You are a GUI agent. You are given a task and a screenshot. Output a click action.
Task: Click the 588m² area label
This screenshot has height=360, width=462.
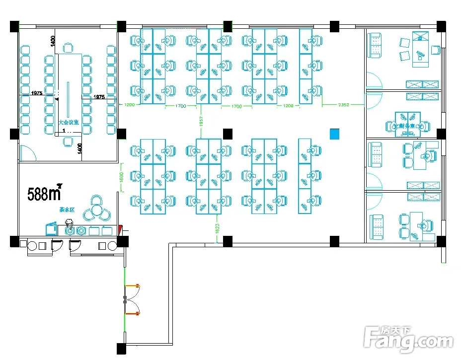click(44, 193)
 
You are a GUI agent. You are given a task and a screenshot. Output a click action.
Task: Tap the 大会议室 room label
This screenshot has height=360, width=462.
click(69, 122)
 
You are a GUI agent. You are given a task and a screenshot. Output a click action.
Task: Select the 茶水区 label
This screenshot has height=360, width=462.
click(67, 210)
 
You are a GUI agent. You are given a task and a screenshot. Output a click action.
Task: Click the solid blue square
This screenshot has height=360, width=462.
click(335, 134)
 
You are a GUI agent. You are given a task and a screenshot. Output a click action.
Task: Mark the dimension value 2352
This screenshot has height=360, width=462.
click(343, 105)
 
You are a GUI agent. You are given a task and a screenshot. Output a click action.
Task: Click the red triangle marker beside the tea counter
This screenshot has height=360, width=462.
click(120, 229)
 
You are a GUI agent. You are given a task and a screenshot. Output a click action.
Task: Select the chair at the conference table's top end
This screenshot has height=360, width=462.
click(68, 48)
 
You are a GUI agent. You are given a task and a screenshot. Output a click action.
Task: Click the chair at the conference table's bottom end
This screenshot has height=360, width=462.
click(68, 142)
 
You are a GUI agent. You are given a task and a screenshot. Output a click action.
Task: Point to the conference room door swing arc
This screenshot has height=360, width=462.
click(30, 152)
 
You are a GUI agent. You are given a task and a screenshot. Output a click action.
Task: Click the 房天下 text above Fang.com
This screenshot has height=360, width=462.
click(395, 330)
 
